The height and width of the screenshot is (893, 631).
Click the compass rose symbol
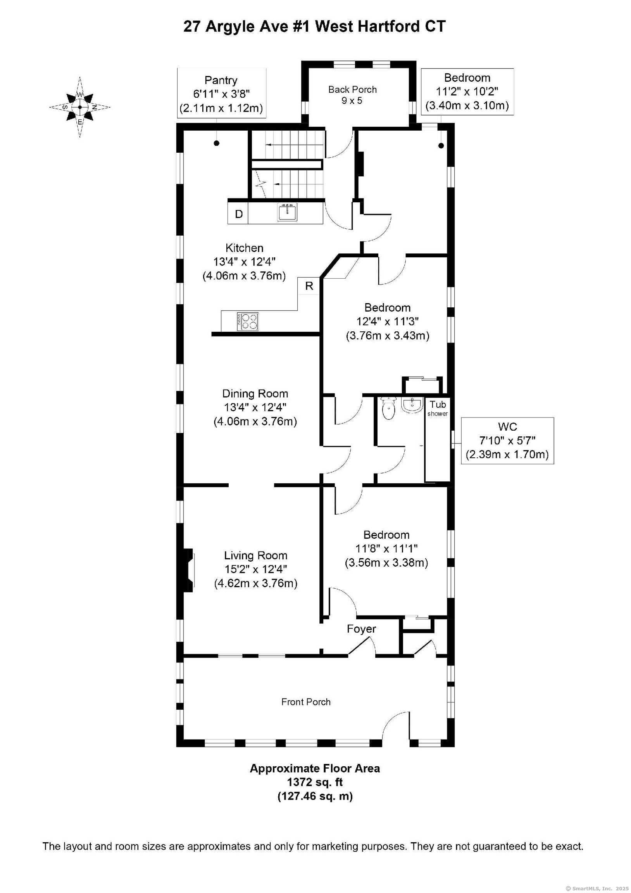[80, 107]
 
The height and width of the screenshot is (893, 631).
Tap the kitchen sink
[288, 212]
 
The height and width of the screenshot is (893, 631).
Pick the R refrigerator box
[309, 286]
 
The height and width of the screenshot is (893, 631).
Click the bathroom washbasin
[411, 405]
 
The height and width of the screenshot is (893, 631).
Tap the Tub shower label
[438, 408]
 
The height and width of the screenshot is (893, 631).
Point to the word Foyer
[361, 629]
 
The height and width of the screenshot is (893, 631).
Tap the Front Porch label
[306, 702]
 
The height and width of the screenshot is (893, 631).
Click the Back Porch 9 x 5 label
[352, 95]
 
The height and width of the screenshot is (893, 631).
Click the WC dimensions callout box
[507, 441]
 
